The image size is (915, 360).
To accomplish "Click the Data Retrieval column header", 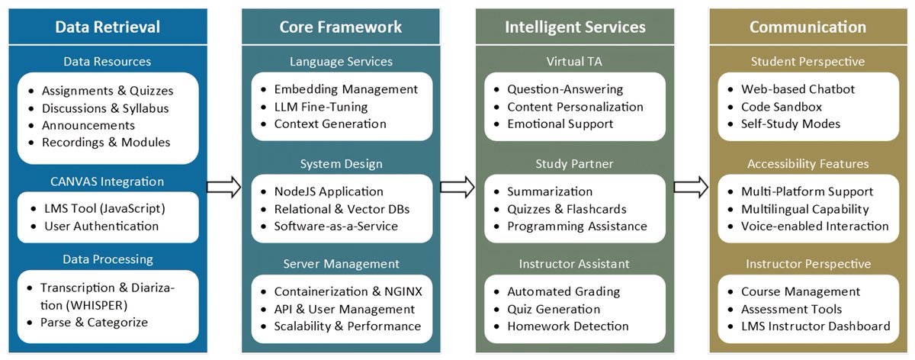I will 108,27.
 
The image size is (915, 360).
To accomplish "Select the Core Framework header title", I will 341,27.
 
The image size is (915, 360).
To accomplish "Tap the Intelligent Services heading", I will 575,27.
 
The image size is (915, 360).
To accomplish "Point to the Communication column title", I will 807,27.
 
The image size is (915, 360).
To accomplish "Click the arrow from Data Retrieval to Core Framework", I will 224,186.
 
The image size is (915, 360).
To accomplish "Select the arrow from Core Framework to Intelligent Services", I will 457,186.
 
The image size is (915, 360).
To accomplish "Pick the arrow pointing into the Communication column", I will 691,186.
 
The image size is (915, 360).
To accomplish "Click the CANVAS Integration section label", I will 108,182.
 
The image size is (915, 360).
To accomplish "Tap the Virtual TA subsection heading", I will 575,61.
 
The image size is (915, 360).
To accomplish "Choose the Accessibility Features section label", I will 807,164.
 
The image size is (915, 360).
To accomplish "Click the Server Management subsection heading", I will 341,264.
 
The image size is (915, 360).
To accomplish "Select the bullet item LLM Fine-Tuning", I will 321,107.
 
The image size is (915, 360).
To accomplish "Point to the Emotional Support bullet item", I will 560,124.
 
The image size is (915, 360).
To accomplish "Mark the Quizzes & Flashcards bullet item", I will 567,209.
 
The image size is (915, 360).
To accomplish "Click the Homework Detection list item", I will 568,326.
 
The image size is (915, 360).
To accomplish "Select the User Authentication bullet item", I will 101,226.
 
